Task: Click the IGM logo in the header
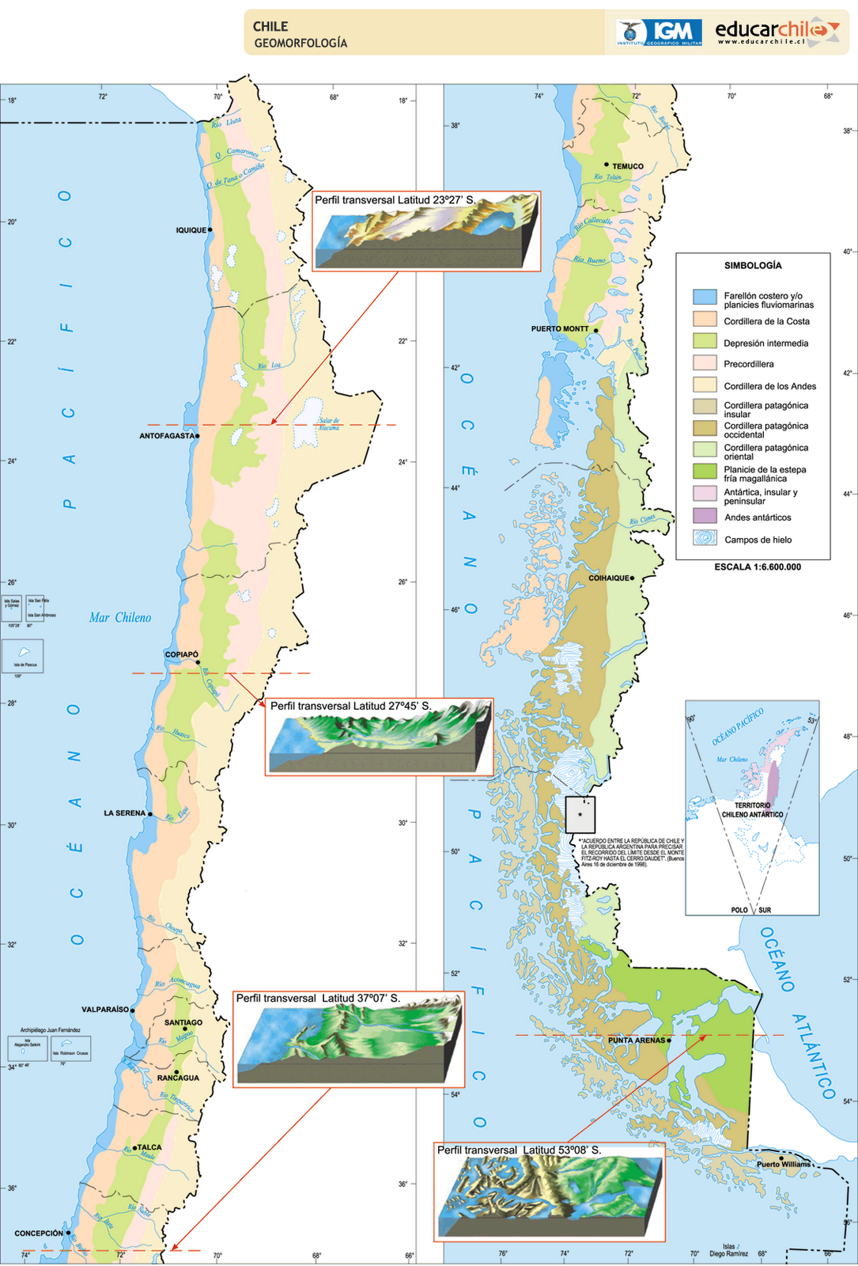(659, 32)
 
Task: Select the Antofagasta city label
(166, 436)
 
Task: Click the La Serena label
(125, 813)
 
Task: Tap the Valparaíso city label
(104, 1010)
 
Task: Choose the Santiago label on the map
(183, 1022)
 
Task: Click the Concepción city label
(39, 1234)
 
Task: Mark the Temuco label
(628, 166)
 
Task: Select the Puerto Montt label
(560, 329)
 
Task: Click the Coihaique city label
(609, 578)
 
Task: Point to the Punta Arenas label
(637, 1040)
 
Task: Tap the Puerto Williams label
(784, 1164)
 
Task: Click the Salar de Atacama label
(329, 424)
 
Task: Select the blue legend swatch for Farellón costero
(705, 298)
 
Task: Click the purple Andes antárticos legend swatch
(705, 516)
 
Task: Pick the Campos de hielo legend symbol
(705, 538)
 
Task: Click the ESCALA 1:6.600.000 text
(758, 567)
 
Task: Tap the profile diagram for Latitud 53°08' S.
(550, 1196)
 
